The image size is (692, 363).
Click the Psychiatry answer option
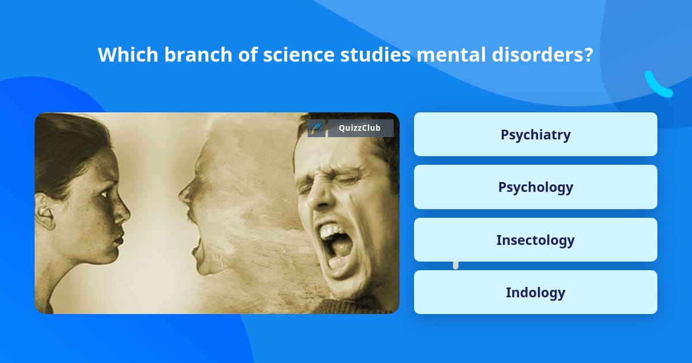(x=535, y=134)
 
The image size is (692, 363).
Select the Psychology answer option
(x=535, y=187)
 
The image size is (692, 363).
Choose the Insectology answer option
(x=535, y=240)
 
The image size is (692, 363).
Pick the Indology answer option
(x=535, y=292)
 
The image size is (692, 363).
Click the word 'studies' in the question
(x=377, y=55)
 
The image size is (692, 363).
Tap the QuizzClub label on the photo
(x=360, y=128)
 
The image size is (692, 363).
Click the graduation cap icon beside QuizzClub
(x=317, y=128)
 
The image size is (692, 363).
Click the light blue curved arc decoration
(x=657, y=85)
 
